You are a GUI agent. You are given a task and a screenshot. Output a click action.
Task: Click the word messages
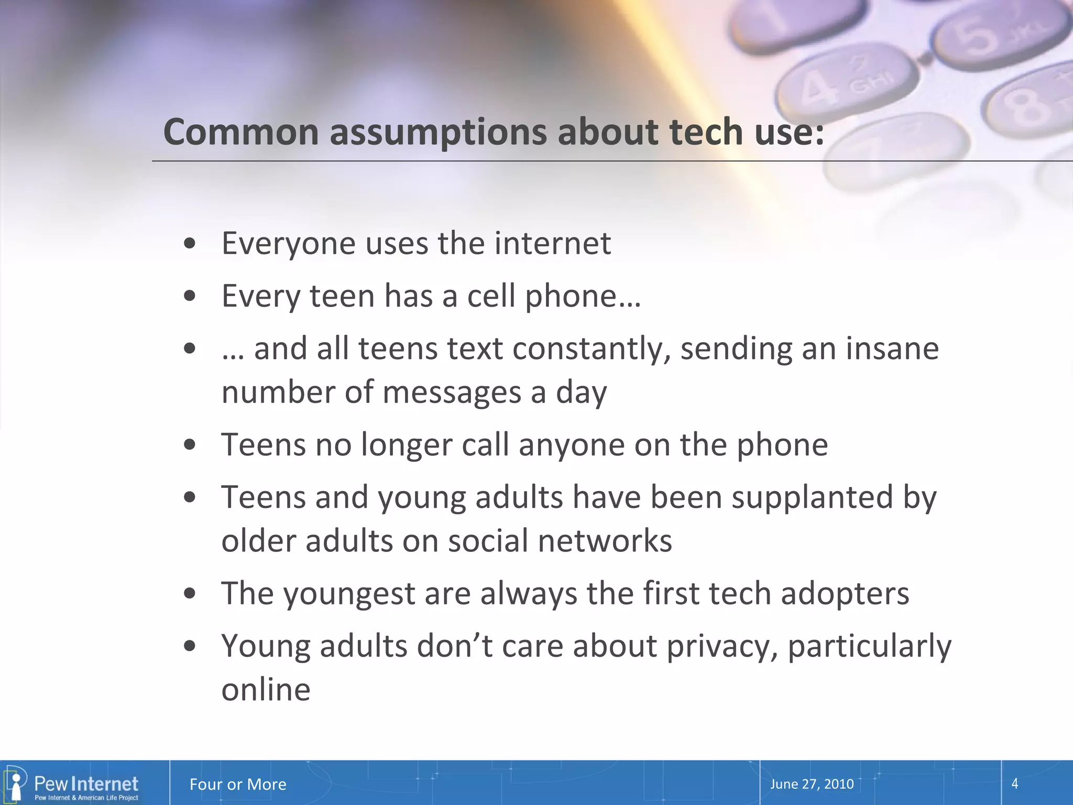(452, 392)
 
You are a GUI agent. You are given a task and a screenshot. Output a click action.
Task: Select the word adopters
(845, 593)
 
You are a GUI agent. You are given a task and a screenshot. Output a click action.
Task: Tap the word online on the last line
(266, 689)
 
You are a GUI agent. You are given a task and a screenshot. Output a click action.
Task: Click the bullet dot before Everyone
(190, 244)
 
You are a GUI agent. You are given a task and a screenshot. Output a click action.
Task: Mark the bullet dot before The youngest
(190, 594)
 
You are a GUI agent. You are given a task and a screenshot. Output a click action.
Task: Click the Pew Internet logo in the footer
(73, 784)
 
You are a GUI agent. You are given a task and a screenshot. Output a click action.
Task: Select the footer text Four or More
(238, 784)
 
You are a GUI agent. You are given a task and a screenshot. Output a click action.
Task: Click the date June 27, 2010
(812, 784)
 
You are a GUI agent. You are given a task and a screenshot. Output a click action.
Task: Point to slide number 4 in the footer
(1014, 784)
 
